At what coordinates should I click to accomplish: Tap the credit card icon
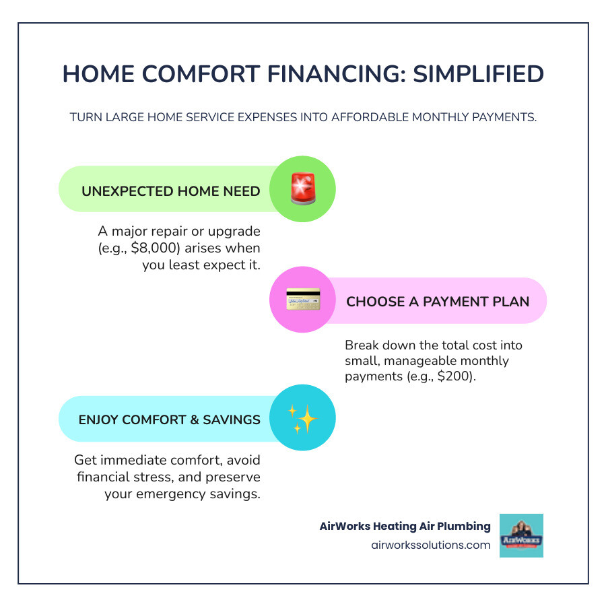302,300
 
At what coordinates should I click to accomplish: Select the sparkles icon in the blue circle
302,418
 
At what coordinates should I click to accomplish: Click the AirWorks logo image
521,535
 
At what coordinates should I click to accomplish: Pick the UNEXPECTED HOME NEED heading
171,191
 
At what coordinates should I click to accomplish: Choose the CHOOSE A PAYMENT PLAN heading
438,301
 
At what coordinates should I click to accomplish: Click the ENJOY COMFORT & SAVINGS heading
170,419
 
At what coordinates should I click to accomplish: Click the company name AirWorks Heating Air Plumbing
405,526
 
